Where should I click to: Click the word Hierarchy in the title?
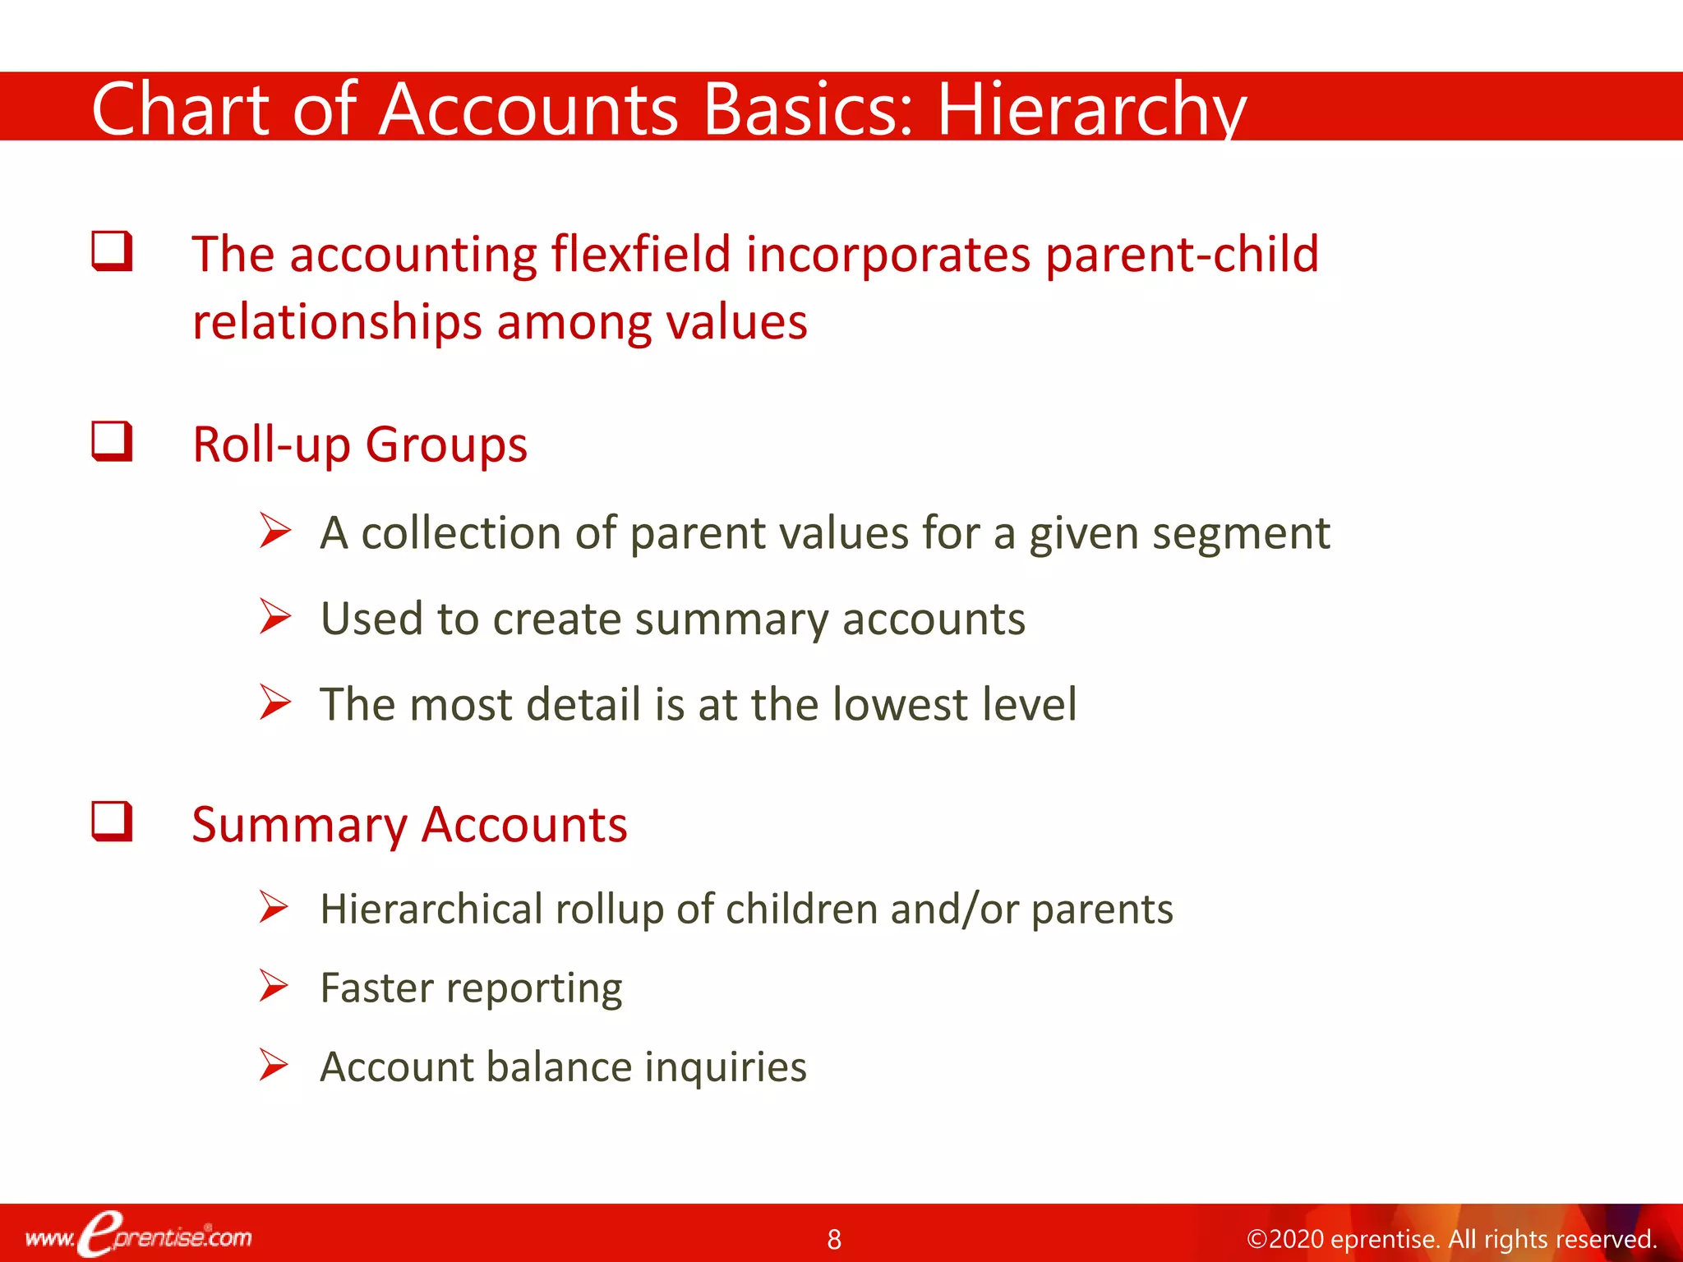click(x=1090, y=109)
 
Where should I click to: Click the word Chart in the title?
click(x=180, y=109)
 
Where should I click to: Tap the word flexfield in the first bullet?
click(x=640, y=254)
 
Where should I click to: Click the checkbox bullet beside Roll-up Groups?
click(x=112, y=441)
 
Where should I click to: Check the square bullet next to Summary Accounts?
click(x=112, y=821)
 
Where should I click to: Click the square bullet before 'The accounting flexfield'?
click(x=112, y=251)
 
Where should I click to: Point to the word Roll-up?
click(x=271, y=446)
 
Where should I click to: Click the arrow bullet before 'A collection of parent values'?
click(x=274, y=530)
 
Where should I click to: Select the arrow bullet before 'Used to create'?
click(x=274, y=616)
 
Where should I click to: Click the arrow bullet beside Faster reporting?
click(x=274, y=985)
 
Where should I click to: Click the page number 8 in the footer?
click(x=834, y=1239)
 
